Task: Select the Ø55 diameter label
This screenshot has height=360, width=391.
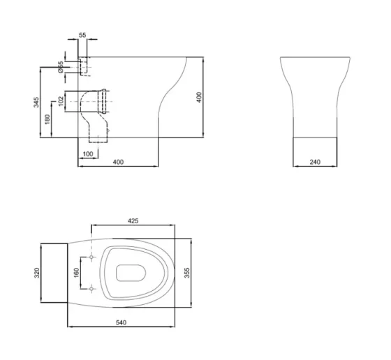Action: point(61,67)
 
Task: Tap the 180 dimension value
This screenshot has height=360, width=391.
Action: point(47,119)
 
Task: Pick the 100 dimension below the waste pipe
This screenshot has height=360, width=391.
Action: point(87,153)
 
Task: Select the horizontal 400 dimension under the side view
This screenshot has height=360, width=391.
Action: point(118,163)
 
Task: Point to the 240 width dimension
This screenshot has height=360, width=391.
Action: point(313,163)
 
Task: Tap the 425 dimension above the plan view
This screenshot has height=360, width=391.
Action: point(133,220)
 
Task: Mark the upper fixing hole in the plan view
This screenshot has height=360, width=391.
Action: point(92,258)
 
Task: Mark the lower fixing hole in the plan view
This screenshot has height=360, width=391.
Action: point(92,287)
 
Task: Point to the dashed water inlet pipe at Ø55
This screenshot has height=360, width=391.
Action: point(83,66)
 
